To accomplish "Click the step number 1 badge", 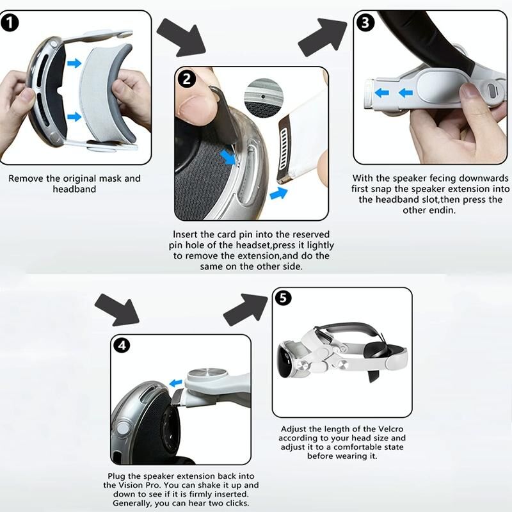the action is point(10,23).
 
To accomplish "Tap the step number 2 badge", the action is point(186,79).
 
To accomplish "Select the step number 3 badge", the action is point(365,23).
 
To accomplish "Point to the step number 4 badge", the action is point(122,345).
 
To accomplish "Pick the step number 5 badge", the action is point(283,298).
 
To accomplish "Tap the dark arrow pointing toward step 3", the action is point(323,37).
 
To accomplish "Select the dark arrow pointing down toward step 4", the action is point(117,310).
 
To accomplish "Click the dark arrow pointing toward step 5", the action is point(246,310).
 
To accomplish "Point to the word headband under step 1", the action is point(74,189).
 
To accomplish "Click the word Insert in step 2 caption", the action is point(185,234).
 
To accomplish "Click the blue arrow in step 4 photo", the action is point(176,382).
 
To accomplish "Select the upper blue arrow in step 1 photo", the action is point(74,63).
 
